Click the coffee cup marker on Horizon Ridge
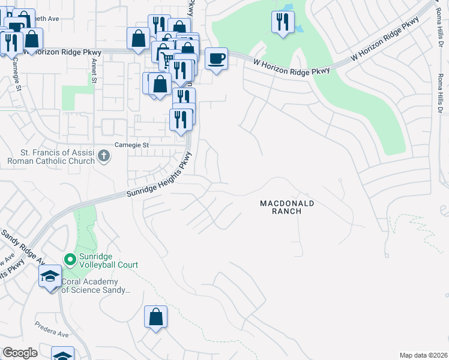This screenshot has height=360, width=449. tap(217, 59)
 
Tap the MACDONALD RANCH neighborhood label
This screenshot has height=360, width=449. tap(287, 208)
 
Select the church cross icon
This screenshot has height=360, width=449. tap(104, 157)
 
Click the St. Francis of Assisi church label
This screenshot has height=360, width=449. tap(51, 157)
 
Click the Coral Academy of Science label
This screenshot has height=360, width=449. tap(96, 286)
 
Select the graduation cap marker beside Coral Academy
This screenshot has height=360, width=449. tap(50, 277)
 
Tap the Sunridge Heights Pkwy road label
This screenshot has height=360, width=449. tap(160, 175)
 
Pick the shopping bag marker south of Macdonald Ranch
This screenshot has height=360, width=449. tap(155, 317)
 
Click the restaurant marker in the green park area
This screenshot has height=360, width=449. tap(283, 22)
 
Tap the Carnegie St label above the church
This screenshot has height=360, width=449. tap(131, 145)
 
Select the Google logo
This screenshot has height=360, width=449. tap(20, 353)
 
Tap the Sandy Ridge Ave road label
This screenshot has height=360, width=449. tap(22, 246)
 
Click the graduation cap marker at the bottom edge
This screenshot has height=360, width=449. tap(62, 355)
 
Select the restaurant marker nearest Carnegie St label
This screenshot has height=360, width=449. tap(181, 119)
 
